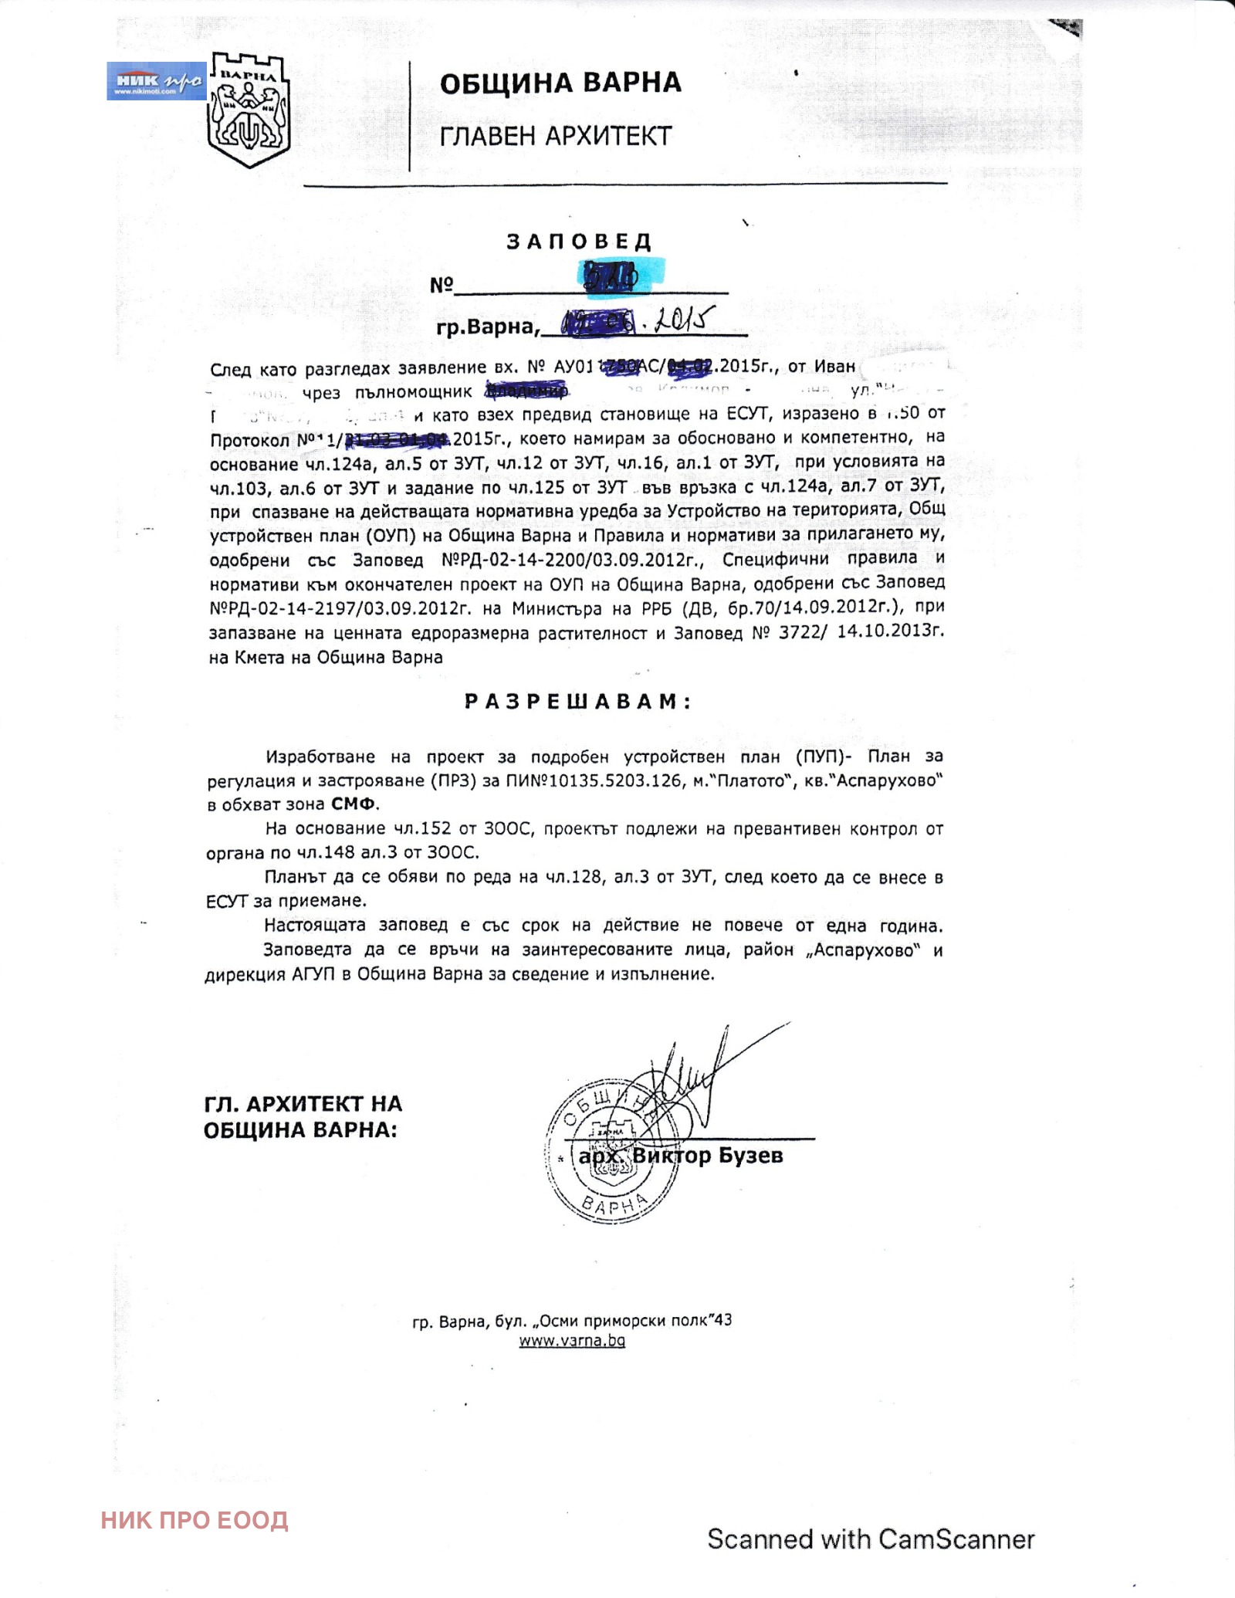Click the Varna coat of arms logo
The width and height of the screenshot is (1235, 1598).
(x=249, y=110)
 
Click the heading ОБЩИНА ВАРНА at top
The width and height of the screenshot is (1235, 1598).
(x=560, y=83)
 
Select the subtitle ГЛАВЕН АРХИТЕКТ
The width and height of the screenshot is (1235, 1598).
(x=556, y=137)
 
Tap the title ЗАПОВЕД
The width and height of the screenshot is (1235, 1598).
(x=579, y=242)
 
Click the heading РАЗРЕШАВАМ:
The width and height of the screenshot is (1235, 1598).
(x=578, y=702)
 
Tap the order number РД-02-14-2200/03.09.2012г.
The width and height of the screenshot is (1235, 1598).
(x=571, y=560)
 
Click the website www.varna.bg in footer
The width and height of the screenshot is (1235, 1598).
(x=572, y=1341)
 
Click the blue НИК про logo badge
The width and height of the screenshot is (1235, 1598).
(x=156, y=82)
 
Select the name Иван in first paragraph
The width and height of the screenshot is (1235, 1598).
(x=834, y=366)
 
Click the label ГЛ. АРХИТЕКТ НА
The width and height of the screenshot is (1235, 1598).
(x=303, y=1104)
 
